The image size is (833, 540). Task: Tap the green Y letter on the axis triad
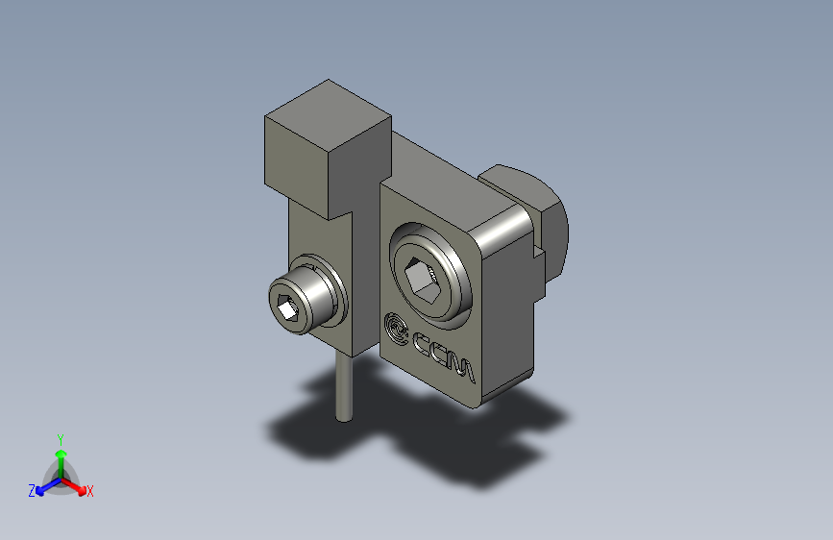click(60, 437)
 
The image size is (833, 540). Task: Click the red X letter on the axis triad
click(90, 491)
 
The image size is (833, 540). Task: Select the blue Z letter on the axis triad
click(32, 490)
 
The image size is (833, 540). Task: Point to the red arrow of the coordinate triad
click(77, 485)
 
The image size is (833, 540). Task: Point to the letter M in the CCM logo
click(462, 368)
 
